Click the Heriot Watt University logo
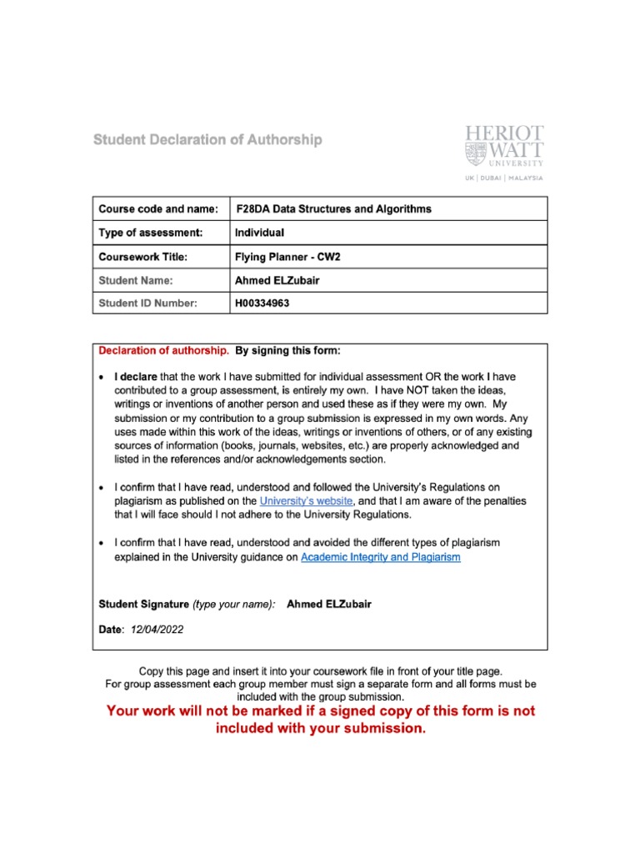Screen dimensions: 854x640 [x=504, y=147]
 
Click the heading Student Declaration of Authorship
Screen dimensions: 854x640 [x=207, y=140]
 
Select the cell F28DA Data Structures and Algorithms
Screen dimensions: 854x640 [x=334, y=208]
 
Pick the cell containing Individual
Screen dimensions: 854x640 [x=260, y=232]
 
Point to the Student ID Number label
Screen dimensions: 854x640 [x=147, y=303]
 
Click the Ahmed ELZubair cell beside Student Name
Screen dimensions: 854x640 [x=278, y=280]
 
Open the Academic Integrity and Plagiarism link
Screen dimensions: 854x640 [x=380, y=557]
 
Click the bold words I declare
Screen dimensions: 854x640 [x=136, y=377]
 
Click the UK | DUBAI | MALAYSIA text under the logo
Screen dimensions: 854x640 [x=504, y=178]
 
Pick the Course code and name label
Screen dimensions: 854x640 [x=158, y=208]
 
